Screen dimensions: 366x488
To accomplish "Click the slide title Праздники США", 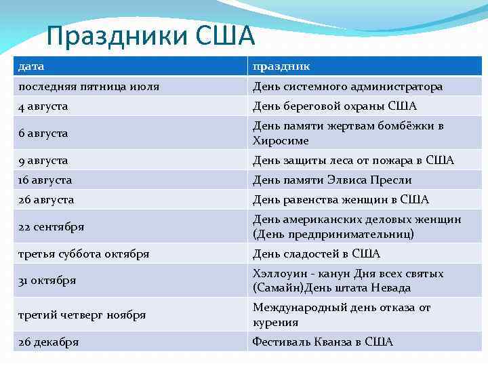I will (x=150, y=35).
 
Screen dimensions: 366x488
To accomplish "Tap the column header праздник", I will (x=281, y=66).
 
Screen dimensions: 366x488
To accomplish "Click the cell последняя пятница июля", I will (x=89, y=87).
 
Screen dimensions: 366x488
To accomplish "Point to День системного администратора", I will (x=348, y=87).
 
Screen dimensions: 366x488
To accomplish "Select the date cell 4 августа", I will (x=43, y=106).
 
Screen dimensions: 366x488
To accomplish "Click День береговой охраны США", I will (x=335, y=106).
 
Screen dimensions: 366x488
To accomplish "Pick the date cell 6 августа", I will (x=43, y=134).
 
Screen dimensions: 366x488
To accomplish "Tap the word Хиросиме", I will (x=281, y=141).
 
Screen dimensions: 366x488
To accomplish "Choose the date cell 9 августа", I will (x=43, y=161).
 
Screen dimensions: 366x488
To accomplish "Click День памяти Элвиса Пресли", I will (x=332, y=180).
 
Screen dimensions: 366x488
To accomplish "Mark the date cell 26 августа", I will (x=46, y=200).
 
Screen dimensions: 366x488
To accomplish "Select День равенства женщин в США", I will (x=341, y=200).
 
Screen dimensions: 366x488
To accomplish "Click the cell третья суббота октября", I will (x=84, y=254).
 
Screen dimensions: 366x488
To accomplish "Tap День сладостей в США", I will (x=317, y=254).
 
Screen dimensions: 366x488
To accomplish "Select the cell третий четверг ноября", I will (x=82, y=315).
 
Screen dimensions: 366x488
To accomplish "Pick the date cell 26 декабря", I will (x=49, y=342).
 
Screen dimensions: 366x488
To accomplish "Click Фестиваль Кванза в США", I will (x=323, y=342).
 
